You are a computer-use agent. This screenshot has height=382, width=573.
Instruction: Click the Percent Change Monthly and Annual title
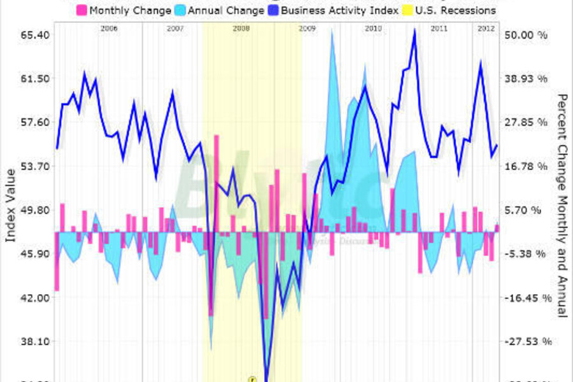(562, 205)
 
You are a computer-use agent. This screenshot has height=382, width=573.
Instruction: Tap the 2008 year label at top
(241, 29)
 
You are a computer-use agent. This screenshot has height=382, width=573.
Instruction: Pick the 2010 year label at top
(373, 29)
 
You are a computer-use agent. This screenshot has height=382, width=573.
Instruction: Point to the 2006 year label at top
(110, 29)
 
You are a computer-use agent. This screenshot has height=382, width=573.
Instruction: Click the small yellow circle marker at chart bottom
(252, 378)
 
